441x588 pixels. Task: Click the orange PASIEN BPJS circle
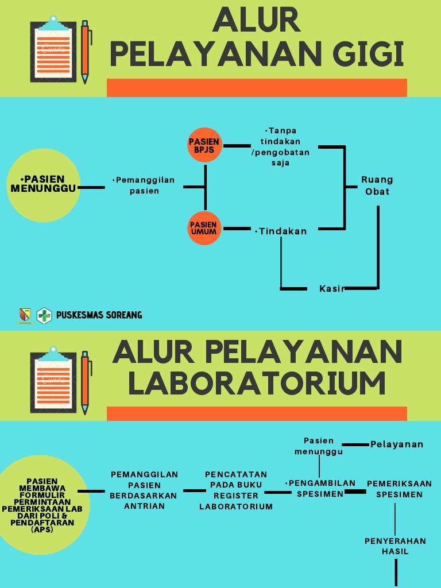point(205,145)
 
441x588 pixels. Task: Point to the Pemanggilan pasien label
point(144,185)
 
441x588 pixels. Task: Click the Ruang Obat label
point(377,185)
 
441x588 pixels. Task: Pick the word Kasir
point(331,288)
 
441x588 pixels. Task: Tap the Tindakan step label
point(281,231)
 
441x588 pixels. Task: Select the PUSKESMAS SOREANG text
point(99,315)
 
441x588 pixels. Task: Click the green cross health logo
point(44,315)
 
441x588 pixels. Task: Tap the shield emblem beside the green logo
point(25,315)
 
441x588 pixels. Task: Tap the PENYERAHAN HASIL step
point(395,546)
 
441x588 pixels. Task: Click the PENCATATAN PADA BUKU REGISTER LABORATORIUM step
point(236,490)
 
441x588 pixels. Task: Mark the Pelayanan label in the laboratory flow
point(397,444)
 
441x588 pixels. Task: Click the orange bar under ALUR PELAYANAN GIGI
point(257,88)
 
